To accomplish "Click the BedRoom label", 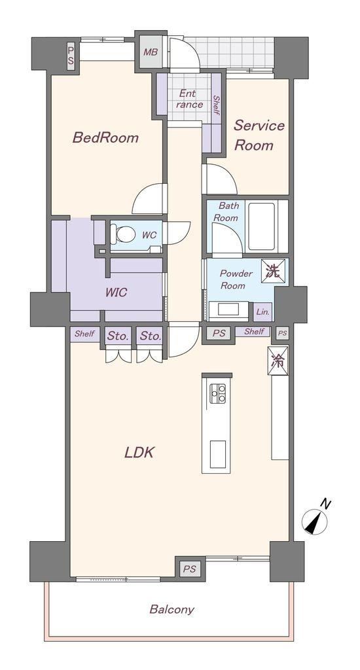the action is coord(105,137).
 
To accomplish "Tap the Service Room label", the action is coord(259,135).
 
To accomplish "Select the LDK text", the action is coord(139,452).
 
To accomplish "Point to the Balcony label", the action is coord(171,609).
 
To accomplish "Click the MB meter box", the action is coord(151,52).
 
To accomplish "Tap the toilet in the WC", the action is coord(122,234).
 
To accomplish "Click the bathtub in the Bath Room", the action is coord(262,226).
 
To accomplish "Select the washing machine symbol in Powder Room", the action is coord(272,272).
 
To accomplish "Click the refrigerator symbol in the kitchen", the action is coord(278,361).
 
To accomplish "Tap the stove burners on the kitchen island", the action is coord(217,393).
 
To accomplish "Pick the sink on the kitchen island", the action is coord(217,454).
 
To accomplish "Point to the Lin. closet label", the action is coord(262,312).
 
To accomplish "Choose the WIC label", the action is coord(116,292).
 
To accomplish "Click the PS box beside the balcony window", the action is coord(189,569).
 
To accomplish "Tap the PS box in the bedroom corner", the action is coord(71,56).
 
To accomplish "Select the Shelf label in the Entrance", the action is coord(216,105).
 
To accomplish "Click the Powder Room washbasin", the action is coord(228,309).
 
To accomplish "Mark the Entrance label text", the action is coord(189,99).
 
